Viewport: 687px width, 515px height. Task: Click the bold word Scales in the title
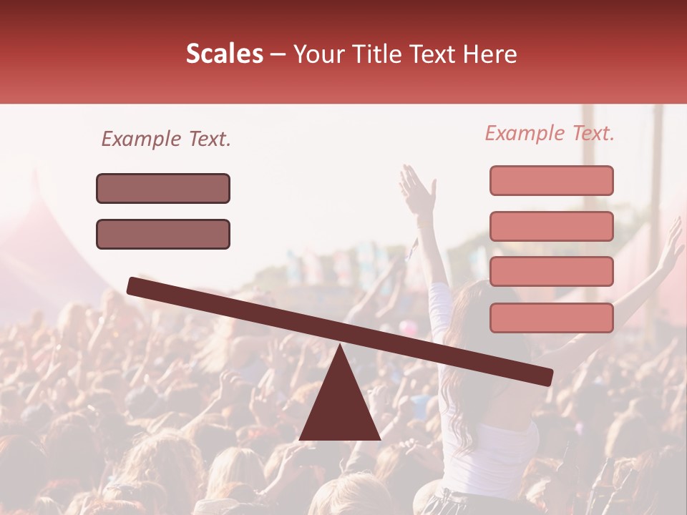(224, 54)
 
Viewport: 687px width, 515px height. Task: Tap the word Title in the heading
(371, 54)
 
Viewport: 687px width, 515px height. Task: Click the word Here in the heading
(489, 54)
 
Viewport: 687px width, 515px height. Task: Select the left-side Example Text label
(166, 139)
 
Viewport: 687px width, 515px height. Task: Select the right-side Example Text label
(550, 133)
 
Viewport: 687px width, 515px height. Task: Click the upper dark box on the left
(163, 188)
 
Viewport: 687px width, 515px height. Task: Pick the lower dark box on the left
(163, 234)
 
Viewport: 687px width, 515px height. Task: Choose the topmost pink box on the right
(551, 180)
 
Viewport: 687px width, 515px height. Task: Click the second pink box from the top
(551, 226)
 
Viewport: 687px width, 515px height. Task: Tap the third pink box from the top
(551, 271)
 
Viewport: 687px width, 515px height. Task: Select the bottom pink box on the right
(551, 318)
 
